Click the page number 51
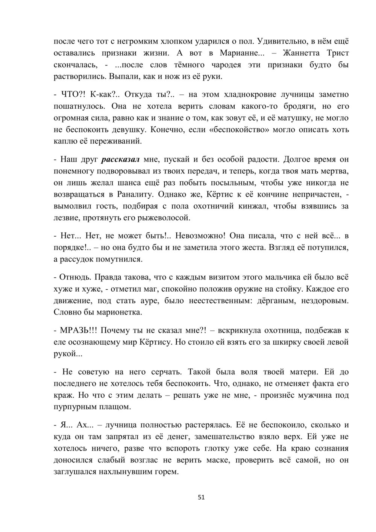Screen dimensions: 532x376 (x=201, y=497)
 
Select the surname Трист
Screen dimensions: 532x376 (x=338, y=53)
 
